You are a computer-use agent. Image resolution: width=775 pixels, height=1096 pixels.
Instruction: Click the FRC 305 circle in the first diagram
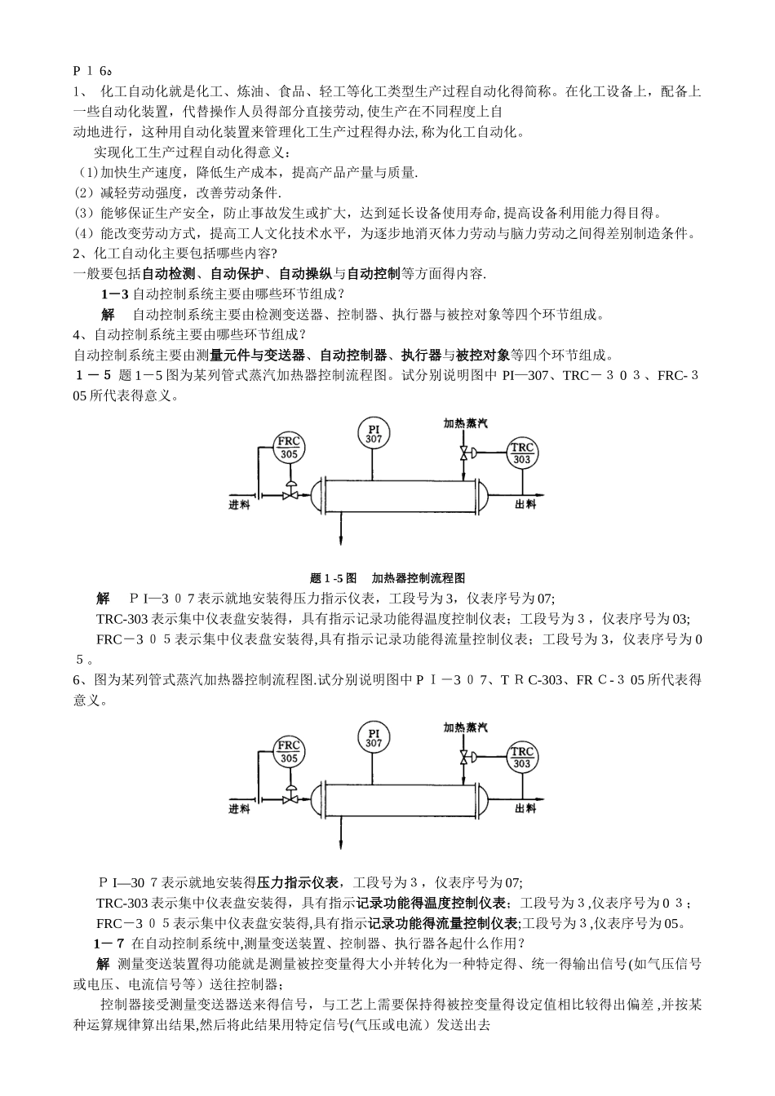[x=289, y=448]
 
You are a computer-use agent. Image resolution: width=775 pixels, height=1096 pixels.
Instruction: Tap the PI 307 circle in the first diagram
[x=374, y=433]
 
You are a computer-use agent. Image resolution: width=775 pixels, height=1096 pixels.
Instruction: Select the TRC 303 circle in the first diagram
[x=522, y=453]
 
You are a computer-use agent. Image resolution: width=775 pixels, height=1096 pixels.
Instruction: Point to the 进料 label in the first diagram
[x=239, y=506]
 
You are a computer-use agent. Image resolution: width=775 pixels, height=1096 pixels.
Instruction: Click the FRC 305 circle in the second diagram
[x=289, y=751]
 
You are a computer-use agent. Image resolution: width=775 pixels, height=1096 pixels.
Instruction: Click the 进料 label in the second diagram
[x=239, y=809]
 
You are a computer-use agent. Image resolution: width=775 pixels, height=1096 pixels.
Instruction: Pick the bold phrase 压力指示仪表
[x=299, y=882]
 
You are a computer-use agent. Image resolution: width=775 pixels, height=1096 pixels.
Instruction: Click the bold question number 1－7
[x=109, y=944]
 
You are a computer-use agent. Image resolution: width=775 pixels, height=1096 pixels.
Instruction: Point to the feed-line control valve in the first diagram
[x=289, y=492]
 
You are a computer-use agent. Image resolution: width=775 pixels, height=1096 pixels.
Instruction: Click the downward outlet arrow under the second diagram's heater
[x=340, y=842]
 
